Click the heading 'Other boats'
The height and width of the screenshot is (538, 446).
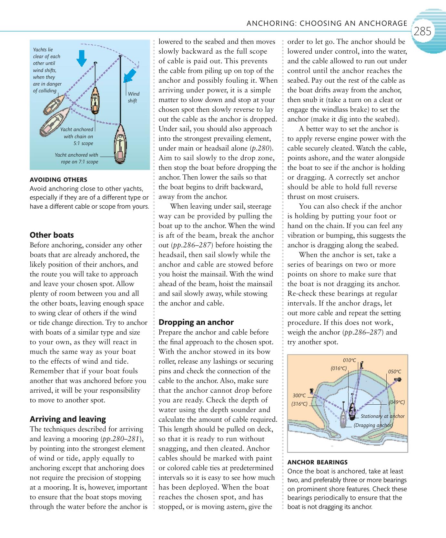point(52,235)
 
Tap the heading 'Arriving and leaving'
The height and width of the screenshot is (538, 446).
point(68,419)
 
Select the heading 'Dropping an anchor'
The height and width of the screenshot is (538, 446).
point(196,322)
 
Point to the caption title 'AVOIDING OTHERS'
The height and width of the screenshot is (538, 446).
point(58,180)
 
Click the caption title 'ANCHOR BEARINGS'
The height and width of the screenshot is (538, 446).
point(317,462)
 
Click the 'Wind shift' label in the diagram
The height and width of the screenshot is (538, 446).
point(133,97)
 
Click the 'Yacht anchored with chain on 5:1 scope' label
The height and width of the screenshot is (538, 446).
point(77,136)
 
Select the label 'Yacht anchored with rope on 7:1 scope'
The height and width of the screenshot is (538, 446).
point(77,158)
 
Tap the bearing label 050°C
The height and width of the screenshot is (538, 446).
point(394,372)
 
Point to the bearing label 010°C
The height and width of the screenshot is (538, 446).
point(349,360)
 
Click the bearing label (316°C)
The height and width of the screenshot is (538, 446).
point(299,404)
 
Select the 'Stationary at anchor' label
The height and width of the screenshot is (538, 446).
point(382,416)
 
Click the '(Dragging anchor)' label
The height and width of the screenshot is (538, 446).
point(373,425)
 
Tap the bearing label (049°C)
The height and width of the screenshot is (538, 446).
point(396,402)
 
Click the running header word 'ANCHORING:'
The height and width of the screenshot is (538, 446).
point(271,23)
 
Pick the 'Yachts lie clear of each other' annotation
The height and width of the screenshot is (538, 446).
point(47,70)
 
